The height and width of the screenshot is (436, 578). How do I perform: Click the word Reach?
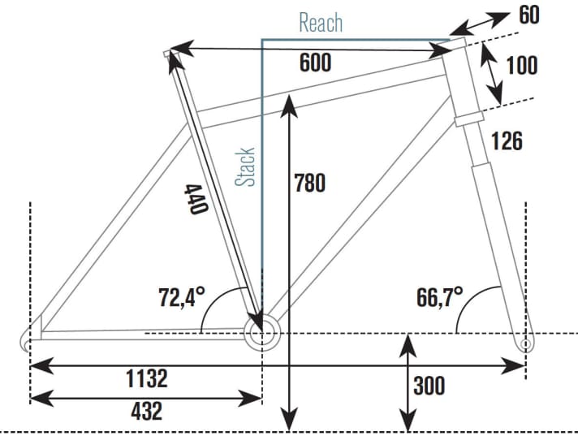[x=321, y=22]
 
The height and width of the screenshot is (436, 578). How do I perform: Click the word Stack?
[x=246, y=166]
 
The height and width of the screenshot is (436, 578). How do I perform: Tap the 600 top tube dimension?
[x=314, y=62]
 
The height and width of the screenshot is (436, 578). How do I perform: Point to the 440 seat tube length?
[x=195, y=199]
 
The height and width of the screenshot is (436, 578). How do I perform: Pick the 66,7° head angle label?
[x=439, y=297]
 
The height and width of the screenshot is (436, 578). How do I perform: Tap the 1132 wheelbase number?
[x=146, y=378]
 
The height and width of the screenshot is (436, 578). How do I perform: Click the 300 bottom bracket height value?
[x=429, y=385]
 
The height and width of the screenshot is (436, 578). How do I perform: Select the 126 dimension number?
[x=506, y=141]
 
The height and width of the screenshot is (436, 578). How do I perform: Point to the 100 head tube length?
[x=521, y=65]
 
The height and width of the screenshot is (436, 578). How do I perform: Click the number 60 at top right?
[x=528, y=15]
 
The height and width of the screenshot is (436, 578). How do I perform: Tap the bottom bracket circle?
[x=261, y=333]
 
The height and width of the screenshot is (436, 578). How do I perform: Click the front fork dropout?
[x=524, y=344]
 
